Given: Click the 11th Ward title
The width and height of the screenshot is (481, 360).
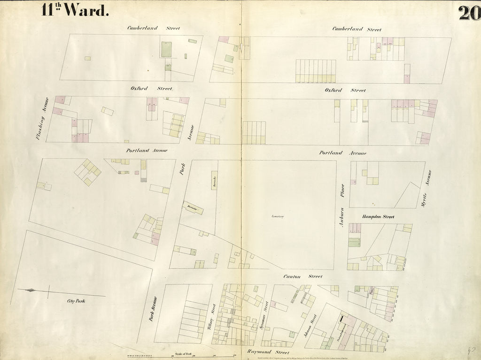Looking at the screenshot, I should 75,10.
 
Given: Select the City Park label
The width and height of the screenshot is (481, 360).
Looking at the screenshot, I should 76,300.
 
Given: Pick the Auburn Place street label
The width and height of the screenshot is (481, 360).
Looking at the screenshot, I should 342,207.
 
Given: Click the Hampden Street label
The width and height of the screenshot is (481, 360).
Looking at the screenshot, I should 378,217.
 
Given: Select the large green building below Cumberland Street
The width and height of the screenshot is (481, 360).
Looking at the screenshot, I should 167,49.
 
